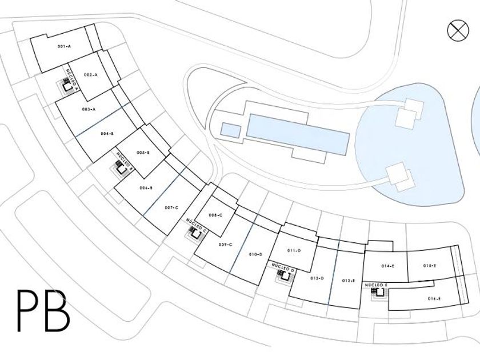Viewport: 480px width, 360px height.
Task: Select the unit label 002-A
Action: pos(90,75)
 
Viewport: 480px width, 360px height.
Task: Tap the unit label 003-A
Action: pos(89,109)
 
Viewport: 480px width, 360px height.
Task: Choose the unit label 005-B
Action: pos(143,152)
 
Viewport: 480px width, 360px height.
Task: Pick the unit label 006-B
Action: pos(145,188)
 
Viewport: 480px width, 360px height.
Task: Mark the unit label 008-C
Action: pos(215,215)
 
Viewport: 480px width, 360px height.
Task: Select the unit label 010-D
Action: pos(255,254)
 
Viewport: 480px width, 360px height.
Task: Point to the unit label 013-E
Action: pos(349,281)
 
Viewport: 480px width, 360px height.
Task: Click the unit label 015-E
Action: pos(430,266)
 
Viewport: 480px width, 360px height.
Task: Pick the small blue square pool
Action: pos(230,130)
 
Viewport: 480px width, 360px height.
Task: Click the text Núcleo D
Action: pos(283,267)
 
